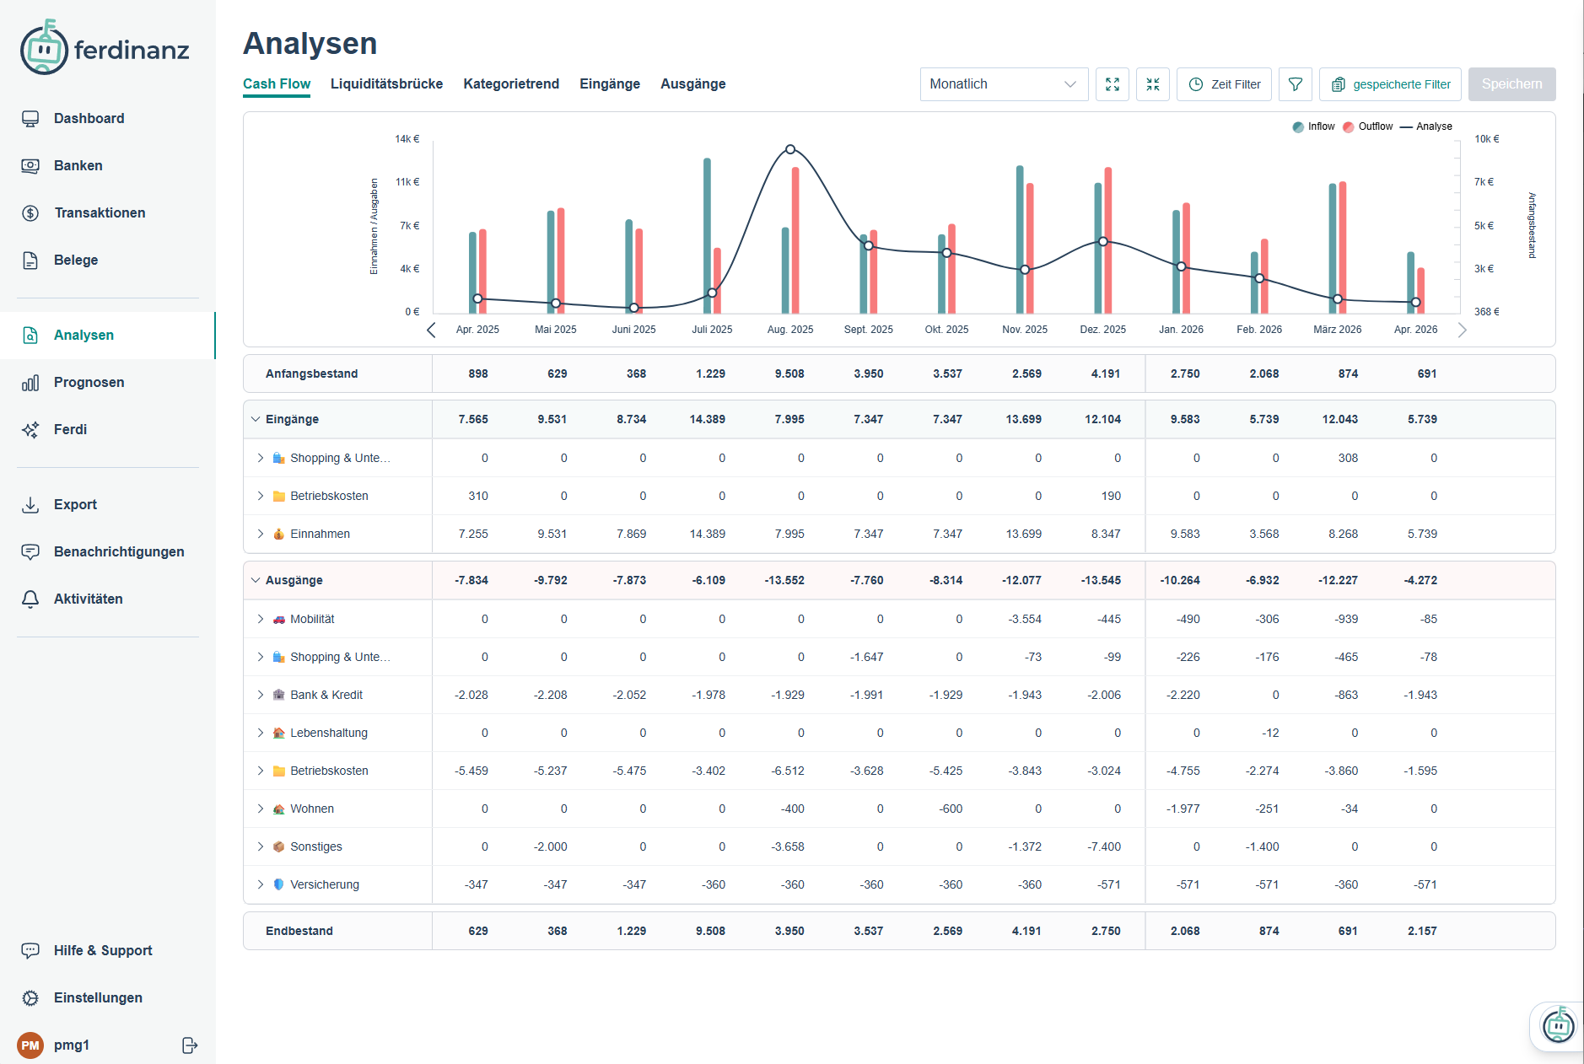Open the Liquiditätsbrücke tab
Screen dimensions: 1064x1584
[x=386, y=83]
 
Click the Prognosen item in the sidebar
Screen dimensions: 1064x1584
[x=89, y=382]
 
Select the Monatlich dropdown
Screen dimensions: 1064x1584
[x=1003, y=84]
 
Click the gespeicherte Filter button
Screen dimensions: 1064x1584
[x=1390, y=84]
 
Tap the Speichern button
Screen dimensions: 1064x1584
[x=1511, y=84]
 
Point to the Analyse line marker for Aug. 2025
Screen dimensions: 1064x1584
[x=790, y=149]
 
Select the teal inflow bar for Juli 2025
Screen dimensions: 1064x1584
[x=707, y=236]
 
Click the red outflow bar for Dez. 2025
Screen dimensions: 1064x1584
[x=1108, y=240]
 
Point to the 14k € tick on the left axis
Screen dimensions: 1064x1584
[x=407, y=139]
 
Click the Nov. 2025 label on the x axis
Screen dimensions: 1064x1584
[x=1024, y=330]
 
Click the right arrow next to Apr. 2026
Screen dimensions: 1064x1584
[x=1463, y=330]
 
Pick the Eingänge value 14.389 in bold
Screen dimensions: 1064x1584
[x=707, y=419]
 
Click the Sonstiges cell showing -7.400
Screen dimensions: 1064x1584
[x=1104, y=846]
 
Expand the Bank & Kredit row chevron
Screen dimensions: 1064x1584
[x=261, y=695]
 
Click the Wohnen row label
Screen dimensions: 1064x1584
[x=312, y=809]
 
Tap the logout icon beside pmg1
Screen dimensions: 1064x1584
[x=190, y=1045]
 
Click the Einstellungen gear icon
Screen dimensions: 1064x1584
[x=30, y=998]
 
